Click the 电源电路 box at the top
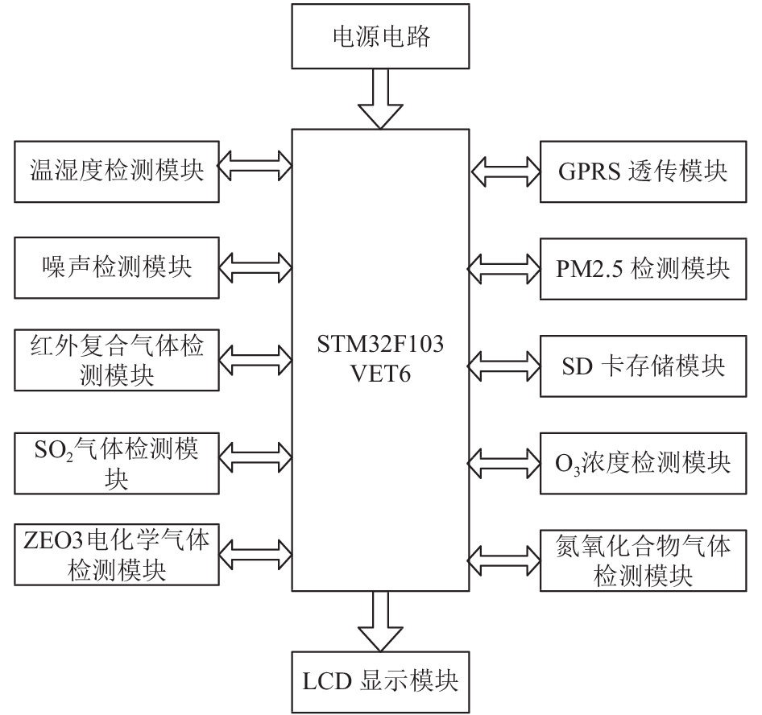point(380,36)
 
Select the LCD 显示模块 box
point(380,682)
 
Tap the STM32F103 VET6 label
point(380,359)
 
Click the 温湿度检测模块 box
point(117,172)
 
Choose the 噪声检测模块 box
point(117,267)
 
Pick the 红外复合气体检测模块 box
point(117,360)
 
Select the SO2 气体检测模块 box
point(117,464)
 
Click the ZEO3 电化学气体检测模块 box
point(117,555)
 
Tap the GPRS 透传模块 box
point(644,172)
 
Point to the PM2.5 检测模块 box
point(644,269)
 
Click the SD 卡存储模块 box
point(644,366)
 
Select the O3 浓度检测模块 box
point(644,464)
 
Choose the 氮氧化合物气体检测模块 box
point(644,560)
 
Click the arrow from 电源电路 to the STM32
point(380,99)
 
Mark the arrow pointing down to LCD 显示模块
point(380,622)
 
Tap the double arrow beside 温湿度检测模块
point(255,166)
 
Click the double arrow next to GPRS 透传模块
point(505,172)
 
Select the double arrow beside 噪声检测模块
point(255,267)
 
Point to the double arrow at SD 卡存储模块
point(504,366)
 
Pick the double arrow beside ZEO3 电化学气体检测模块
point(255,555)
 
